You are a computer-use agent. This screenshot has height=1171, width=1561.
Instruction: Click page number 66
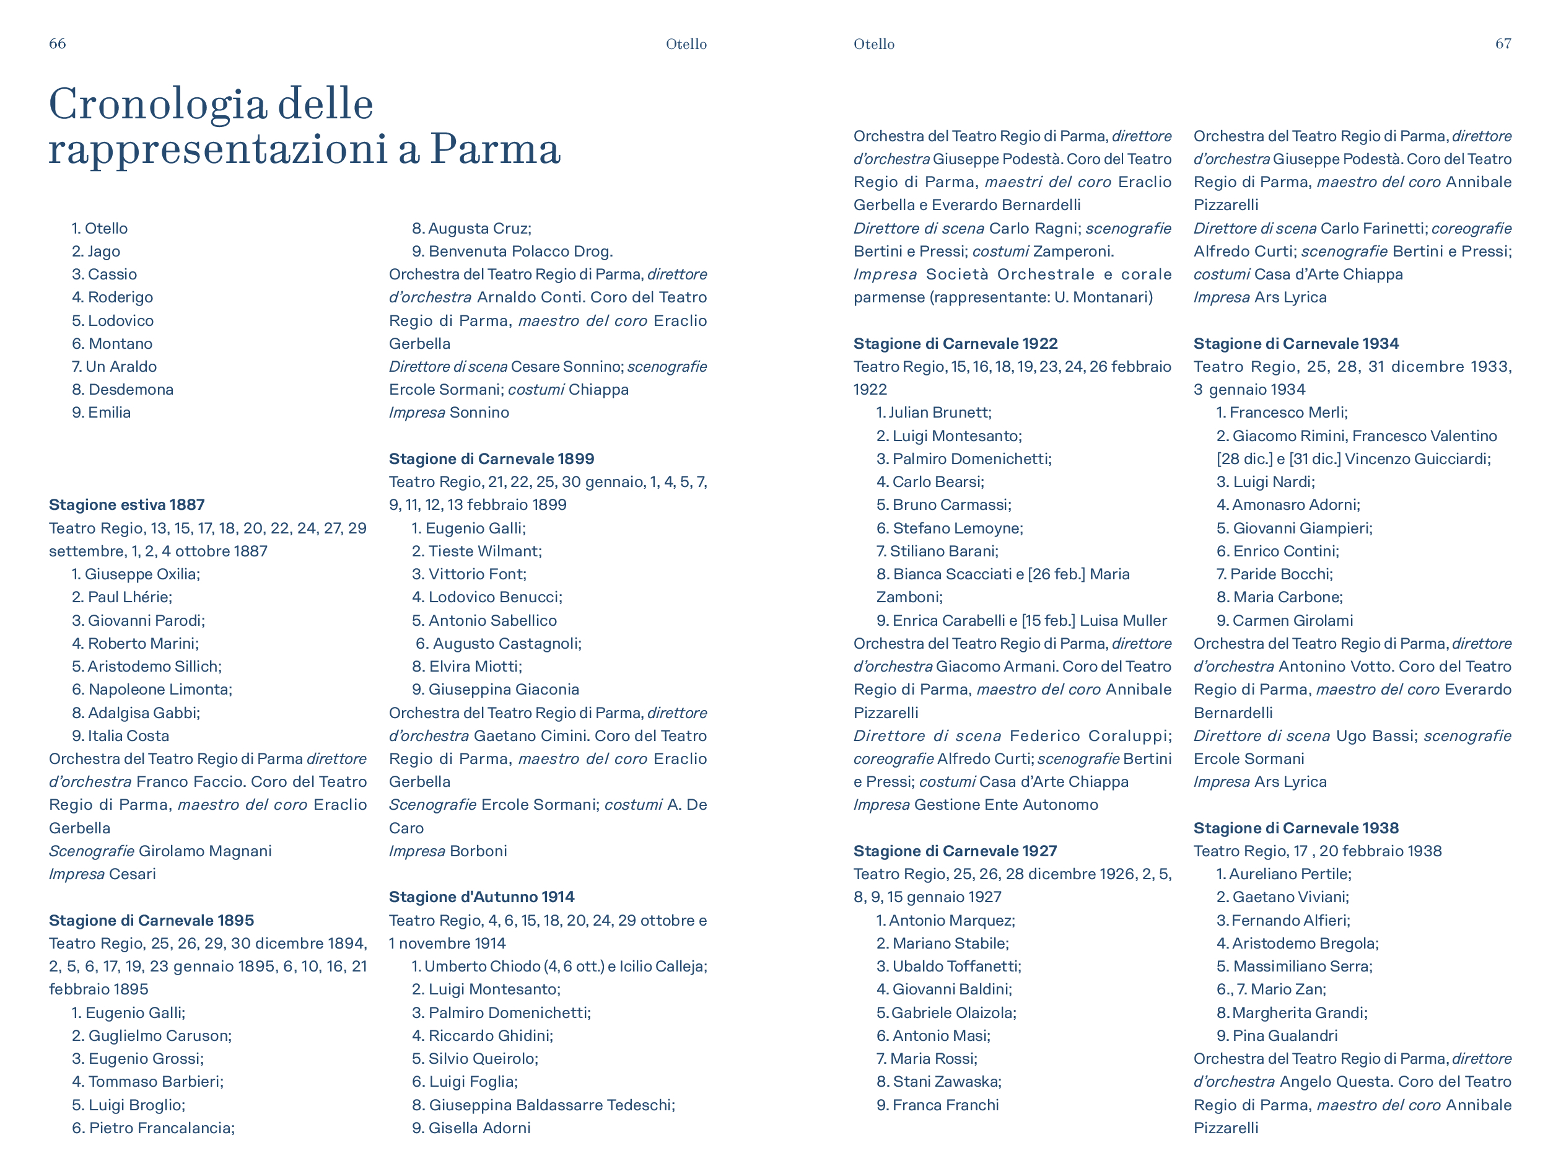click(57, 44)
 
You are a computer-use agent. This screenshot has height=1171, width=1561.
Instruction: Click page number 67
click(1503, 44)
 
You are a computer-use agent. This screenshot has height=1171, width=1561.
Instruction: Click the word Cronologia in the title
click(157, 105)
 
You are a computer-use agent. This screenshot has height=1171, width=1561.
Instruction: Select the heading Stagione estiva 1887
click(126, 505)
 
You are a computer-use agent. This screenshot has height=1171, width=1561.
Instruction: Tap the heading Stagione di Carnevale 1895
click(151, 921)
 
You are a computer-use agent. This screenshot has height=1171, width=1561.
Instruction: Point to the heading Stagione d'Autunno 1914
click(481, 897)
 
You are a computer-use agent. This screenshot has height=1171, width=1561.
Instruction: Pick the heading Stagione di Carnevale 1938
click(1296, 828)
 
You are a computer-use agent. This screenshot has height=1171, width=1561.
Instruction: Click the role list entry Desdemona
click(131, 390)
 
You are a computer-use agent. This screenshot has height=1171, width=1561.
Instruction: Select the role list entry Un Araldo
click(121, 366)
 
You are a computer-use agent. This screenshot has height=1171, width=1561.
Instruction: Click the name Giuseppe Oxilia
click(142, 574)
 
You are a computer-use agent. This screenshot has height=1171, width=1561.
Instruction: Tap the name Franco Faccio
click(190, 782)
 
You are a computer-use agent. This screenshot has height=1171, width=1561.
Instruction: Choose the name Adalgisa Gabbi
click(143, 713)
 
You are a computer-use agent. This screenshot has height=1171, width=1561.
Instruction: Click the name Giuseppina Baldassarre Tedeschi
click(551, 1105)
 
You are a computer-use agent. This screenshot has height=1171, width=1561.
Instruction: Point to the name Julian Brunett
click(939, 412)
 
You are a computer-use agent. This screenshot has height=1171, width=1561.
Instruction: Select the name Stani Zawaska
click(947, 1082)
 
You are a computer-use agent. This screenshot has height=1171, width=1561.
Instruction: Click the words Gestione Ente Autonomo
click(1005, 805)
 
